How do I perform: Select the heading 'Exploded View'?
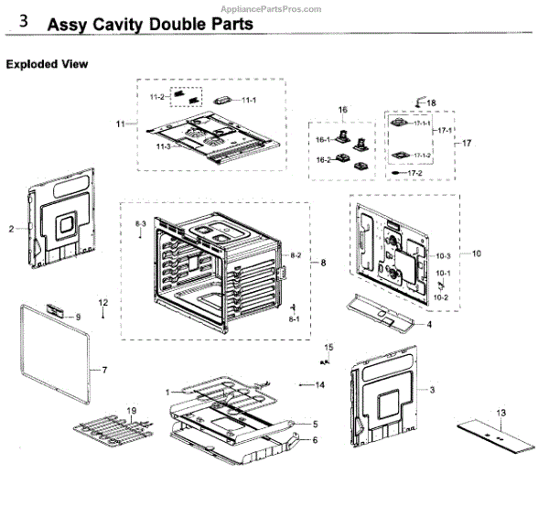point(47,65)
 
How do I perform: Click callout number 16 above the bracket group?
point(343,110)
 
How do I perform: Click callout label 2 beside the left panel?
point(12,229)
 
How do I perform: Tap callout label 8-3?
point(141,223)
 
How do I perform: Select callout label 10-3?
point(442,254)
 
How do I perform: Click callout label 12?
point(103,303)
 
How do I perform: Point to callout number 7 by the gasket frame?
point(104,371)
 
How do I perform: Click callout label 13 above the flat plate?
point(501,415)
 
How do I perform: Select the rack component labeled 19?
point(110,431)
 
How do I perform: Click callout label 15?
point(329,347)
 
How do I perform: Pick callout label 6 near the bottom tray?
point(315,441)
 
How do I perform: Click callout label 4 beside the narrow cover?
point(428,325)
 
